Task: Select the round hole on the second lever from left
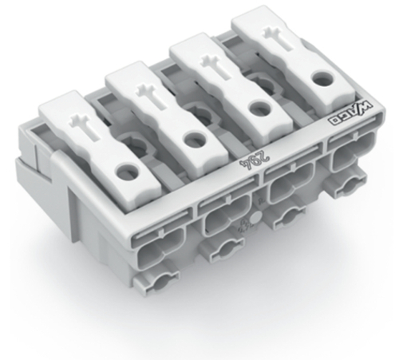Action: tap(192, 139)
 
